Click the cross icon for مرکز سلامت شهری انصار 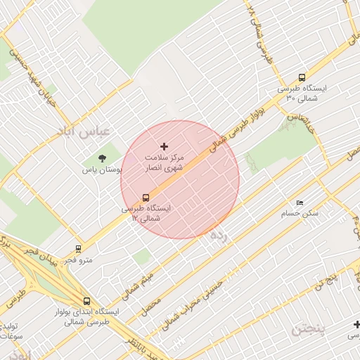pyautogui.click(x=165, y=146)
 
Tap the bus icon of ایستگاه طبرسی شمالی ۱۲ pyautogui.click(x=146, y=198)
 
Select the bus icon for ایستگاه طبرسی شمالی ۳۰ pyautogui.click(x=302, y=78)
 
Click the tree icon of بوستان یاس pyautogui.click(x=103, y=158)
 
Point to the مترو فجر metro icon pyautogui.click(x=77, y=248)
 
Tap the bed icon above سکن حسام pyautogui.click(x=300, y=202)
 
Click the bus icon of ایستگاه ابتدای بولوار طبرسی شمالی pyautogui.click(x=86, y=301)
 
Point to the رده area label pyautogui.click(x=219, y=237)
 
